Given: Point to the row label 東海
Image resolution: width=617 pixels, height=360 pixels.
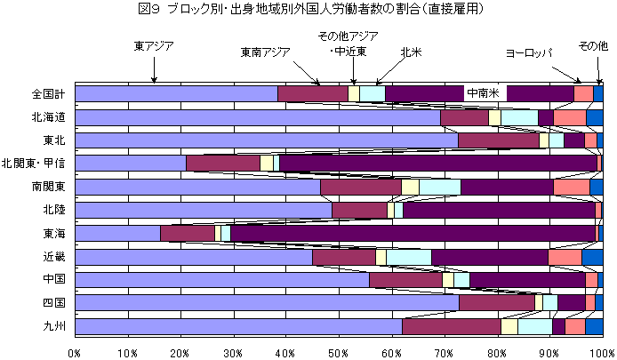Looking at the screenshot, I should (54, 233).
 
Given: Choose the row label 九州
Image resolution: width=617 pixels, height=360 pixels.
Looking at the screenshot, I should (54, 325).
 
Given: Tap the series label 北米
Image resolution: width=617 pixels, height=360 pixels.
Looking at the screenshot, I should (410, 52).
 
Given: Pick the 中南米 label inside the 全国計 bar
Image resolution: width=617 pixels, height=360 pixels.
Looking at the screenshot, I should (485, 92).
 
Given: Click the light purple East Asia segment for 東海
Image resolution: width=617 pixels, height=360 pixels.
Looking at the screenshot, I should (117, 233).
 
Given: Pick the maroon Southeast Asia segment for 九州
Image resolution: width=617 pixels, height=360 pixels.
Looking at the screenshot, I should (451, 326).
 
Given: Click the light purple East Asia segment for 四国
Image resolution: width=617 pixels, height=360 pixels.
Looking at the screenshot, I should (267, 302).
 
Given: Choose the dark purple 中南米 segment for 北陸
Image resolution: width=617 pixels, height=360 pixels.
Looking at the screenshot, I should (498, 210).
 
